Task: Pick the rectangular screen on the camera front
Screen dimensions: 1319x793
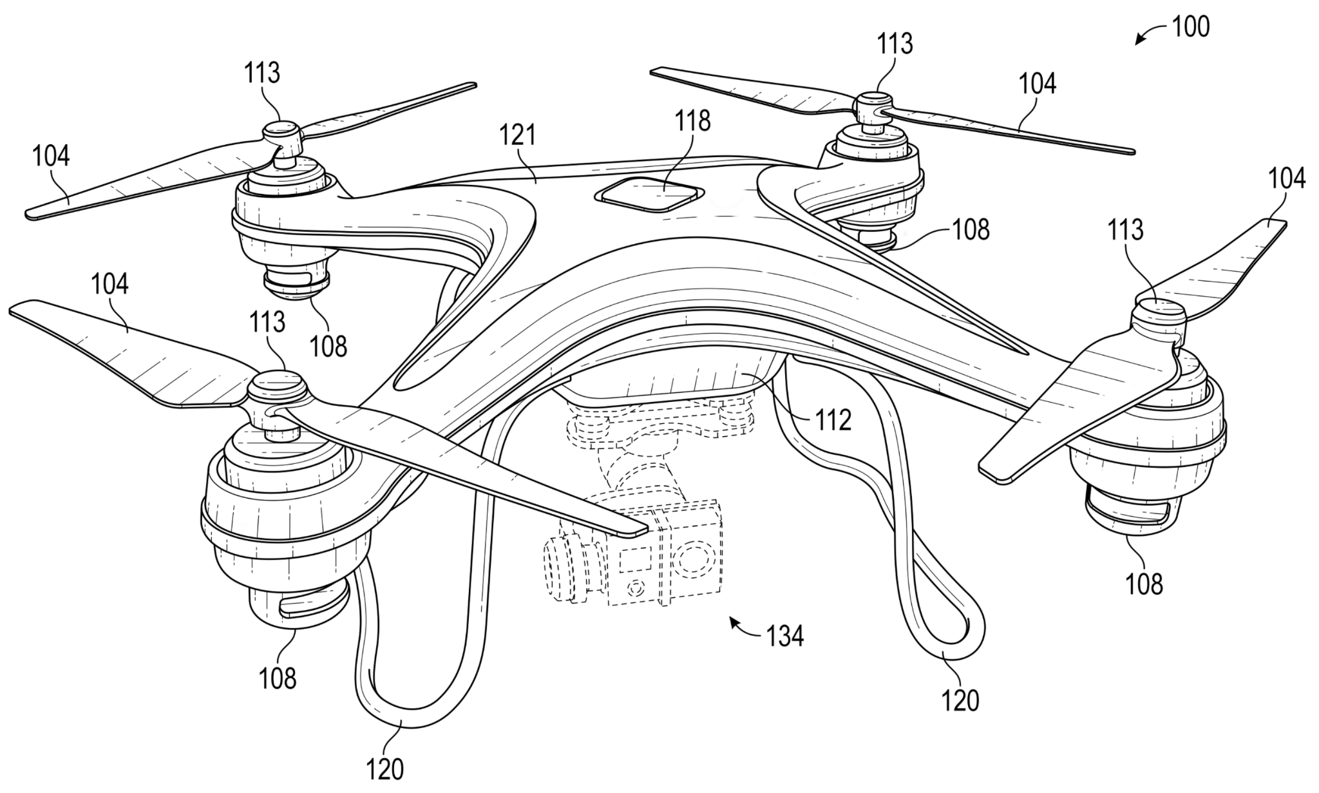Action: [635, 560]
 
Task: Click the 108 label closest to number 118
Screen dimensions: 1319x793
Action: [970, 230]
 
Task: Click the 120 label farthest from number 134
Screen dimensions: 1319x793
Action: [385, 769]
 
